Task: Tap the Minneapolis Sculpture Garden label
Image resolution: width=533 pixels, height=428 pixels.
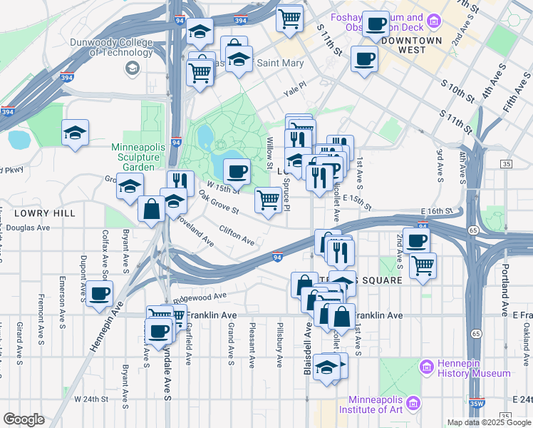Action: (x=133, y=157)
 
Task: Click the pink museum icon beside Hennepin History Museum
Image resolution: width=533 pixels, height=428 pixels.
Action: (x=427, y=367)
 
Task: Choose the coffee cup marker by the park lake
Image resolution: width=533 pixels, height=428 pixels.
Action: (x=237, y=171)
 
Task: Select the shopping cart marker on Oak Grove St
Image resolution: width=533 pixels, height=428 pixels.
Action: (x=267, y=200)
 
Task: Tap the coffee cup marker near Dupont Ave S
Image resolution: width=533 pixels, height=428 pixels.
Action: (x=100, y=293)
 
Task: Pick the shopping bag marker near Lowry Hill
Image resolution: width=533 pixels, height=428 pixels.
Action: (x=151, y=209)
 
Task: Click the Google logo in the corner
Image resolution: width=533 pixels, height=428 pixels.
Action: (x=23, y=419)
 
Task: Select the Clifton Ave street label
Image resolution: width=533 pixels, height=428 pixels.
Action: (x=237, y=235)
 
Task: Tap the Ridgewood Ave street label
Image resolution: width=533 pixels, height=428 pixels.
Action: (x=200, y=296)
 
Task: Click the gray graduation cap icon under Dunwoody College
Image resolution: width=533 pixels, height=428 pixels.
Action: (x=132, y=68)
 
